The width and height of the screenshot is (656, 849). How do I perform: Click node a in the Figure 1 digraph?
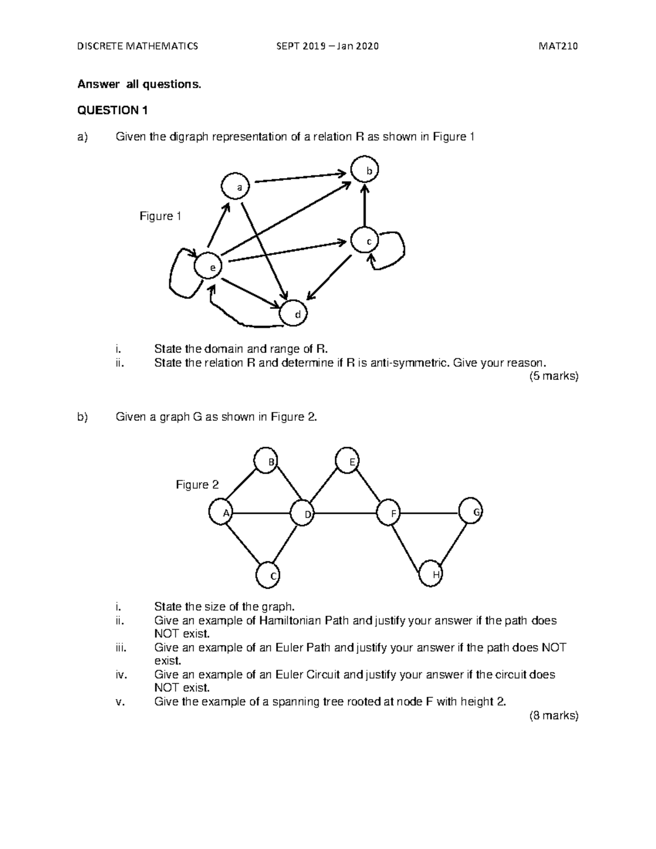(236, 187)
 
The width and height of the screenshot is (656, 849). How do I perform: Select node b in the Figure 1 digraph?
(365, 171)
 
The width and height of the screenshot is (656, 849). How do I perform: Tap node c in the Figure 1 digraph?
(365, 241)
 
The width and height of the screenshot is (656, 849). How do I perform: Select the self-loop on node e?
(179, 273)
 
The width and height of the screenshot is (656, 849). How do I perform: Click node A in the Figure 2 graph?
(222, 513)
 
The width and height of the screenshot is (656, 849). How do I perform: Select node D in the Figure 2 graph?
(303, 513)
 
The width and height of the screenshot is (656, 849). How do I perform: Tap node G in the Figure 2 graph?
(471, 512)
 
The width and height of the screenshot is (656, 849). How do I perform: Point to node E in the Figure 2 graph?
(348, 462)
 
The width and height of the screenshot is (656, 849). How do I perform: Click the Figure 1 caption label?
(160, 216)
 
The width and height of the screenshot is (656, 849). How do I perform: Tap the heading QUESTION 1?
(113, 111)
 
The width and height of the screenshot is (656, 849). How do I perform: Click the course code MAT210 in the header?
(558, 46)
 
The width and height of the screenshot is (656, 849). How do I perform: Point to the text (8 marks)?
(553, 715)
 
